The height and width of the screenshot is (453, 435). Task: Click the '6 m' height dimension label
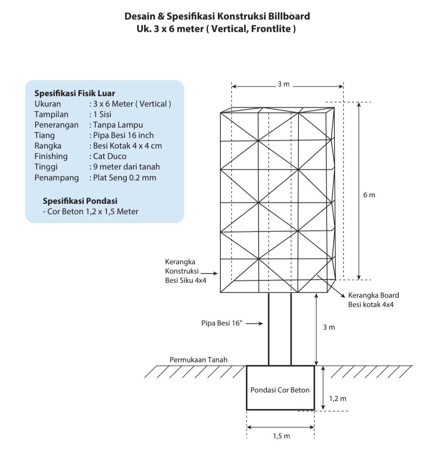click(x=369, y=195)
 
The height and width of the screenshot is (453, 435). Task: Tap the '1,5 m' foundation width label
click(x=281, y=436)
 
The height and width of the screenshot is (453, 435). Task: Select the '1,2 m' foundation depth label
click(x=338, y=399)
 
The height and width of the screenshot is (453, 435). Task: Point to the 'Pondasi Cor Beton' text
click(x=280, y=390)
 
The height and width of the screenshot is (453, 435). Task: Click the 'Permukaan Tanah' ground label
click(x=199, y=359)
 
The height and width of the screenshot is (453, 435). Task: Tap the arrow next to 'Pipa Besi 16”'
click(x=254, y=324)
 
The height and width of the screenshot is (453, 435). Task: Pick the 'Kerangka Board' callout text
click(x=373, y=295)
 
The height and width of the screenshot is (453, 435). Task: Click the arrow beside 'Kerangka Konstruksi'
click(x=209, y=273)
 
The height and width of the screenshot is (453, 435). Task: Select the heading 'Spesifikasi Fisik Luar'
click(x=75, y=94)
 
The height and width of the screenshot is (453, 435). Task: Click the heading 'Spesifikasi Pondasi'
click(x=80, y=201)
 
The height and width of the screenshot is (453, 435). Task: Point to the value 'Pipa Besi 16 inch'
click(x=123, y=135)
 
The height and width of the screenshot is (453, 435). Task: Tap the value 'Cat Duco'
click(x=110, y=156)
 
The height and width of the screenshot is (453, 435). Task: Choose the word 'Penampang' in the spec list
click(x=56, y=178)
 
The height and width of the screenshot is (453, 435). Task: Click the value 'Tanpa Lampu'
click(x=118, y=125)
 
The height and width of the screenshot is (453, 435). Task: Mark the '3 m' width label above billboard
click(x=284, y=84)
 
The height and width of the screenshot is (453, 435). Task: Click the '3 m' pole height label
click(x=329, y=327)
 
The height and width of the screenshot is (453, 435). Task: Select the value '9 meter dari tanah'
click(x=126, y=167)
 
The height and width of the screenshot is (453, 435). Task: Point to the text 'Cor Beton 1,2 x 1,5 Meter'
click(x=93, y=212)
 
